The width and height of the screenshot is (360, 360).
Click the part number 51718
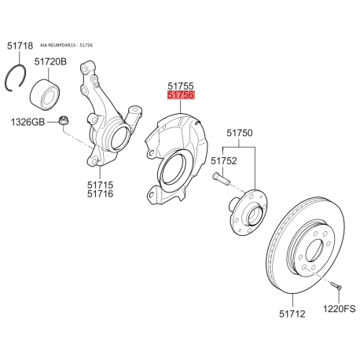click(20, 46)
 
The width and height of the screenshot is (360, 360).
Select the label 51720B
click(50, 62)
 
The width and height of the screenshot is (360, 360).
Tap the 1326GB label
click(28, 122)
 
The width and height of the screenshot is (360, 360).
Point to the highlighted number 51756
click(181, 95)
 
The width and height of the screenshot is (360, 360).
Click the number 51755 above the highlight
click(181, 86)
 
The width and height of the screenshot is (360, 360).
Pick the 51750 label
click(240, 133)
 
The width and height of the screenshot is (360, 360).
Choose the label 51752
click(224, 160)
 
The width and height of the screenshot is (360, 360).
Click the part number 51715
click(101, 185)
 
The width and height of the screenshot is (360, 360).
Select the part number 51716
click(101, 194)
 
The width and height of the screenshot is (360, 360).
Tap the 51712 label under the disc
click(292, 314)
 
